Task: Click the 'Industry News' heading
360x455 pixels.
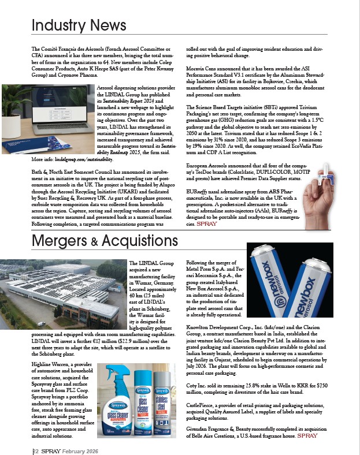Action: (x=79, y=25)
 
